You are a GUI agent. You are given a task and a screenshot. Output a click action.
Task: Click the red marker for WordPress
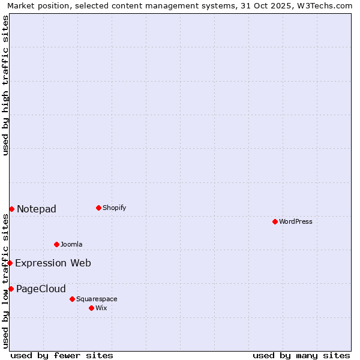(275, 221)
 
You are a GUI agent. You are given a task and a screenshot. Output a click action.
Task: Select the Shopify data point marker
(98, 208)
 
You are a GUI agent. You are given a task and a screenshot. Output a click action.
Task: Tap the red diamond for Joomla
(56, 244)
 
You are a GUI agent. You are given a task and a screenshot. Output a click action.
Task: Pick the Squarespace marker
(72, 299)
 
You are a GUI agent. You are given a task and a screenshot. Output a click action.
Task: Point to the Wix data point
(91, 308)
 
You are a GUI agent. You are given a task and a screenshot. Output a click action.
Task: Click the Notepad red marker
(11, 209)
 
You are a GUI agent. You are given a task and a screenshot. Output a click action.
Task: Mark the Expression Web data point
(10, 263)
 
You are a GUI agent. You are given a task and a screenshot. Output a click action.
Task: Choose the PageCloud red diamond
(11, 289)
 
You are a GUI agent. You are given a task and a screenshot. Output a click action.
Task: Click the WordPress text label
(296, 221)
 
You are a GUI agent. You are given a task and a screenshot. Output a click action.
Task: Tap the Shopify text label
(114, 208)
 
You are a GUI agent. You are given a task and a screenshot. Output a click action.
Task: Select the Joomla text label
(71, 244)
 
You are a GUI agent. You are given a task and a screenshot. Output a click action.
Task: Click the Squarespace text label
(97, 299)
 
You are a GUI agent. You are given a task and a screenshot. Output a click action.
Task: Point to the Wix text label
(101, 308)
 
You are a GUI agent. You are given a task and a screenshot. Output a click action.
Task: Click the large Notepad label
(37, 209)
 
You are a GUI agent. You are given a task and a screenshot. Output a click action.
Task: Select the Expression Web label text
(53, 263)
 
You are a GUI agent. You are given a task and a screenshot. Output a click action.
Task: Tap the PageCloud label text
(41, 289)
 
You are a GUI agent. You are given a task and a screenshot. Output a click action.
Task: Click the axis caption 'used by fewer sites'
(62, 355)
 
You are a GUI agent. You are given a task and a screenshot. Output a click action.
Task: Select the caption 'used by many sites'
(301, 355)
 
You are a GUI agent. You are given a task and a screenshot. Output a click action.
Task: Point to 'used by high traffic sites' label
(5, 85)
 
